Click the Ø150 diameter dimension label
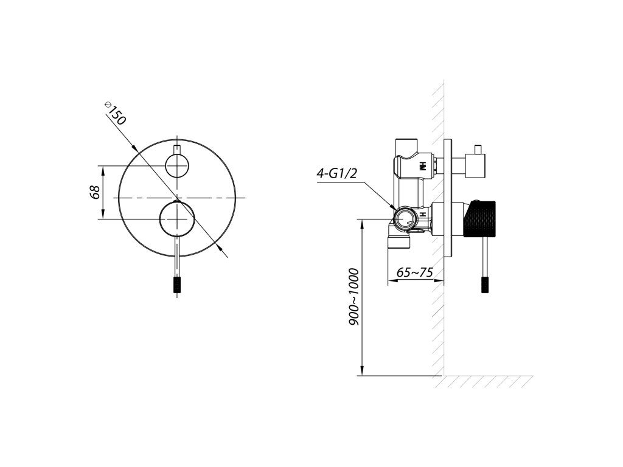[115, 113]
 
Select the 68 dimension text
[94, 192]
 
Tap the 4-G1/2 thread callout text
[336, 173]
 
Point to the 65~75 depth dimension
[414, 272]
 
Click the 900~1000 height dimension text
[354, 297]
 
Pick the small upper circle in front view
[177, 165]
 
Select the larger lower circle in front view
[177, 219]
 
